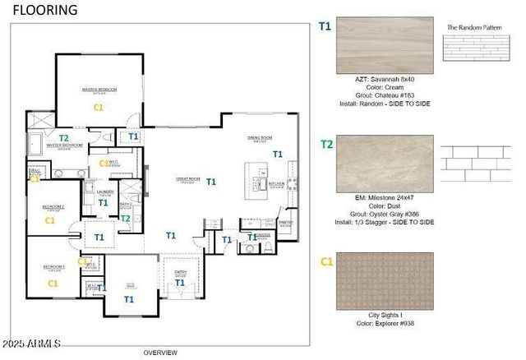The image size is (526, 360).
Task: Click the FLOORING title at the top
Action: pyautogui.click(x=45, y=11)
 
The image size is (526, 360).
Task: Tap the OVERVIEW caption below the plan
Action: pyautogui.click(x=160, y=353)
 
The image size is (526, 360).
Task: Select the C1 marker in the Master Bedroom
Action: pyautogui.click(x=98, y=107)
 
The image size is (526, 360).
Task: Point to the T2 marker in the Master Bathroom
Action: pyautogui.click(x=63, y=137)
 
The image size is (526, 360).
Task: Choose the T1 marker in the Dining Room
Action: pyautogui.click(x=278, y=154)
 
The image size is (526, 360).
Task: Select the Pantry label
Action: pyautogui.click(x=285, y=222)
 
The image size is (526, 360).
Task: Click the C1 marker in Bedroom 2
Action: pyautogui.click(x=50, y=220)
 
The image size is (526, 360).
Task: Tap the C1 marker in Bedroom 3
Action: pyautogui.click(x=53, y=283)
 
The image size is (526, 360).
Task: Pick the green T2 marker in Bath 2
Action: pyautogui.click(x=126, y=218)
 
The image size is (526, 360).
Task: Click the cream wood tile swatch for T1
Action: pyautogui.click(x=384, y=46)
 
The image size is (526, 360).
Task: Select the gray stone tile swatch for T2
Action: pyautogui.click(x=384, y=164)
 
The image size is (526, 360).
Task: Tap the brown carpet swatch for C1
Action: pyautogui.click(x=384, y=281)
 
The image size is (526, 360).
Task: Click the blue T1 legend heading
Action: pyautogui.click(x=325, y=26)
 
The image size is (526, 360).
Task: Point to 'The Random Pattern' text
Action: pyautogui.click(x=473, y=27)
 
